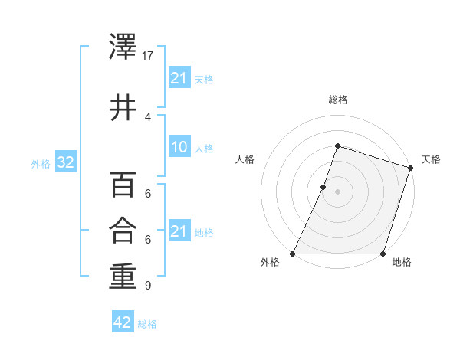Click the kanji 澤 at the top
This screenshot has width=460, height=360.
[x=123, y=49]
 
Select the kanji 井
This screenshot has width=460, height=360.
[x=123, y=107]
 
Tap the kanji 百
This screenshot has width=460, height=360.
[x=123, y=185]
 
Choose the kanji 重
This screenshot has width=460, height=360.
[x=123, y=277]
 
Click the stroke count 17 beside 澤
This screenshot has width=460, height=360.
[x=148, y=56]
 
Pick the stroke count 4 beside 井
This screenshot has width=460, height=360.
[x=147, y=116]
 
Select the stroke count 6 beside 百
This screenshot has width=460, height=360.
[x=147, y=193]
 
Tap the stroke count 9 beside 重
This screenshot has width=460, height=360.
[x=147, y=286]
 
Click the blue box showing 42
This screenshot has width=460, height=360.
[x=123, y=322]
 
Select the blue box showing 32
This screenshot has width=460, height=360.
[x=65, y=162]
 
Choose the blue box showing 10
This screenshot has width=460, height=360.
[x=179, y=147]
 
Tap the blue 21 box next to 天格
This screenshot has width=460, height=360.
[x=179, y=78]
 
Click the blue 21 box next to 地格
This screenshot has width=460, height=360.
[x=179, y=231]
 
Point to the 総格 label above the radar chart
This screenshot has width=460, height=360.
[x=337, y=100]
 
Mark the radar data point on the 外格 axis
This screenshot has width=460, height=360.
[x=293, y=254]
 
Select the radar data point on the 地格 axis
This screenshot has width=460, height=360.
[x=383, y=254]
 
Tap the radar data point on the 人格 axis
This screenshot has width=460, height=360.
[x=324, y=187]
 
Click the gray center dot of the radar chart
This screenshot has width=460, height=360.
[x=337, y=191]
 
